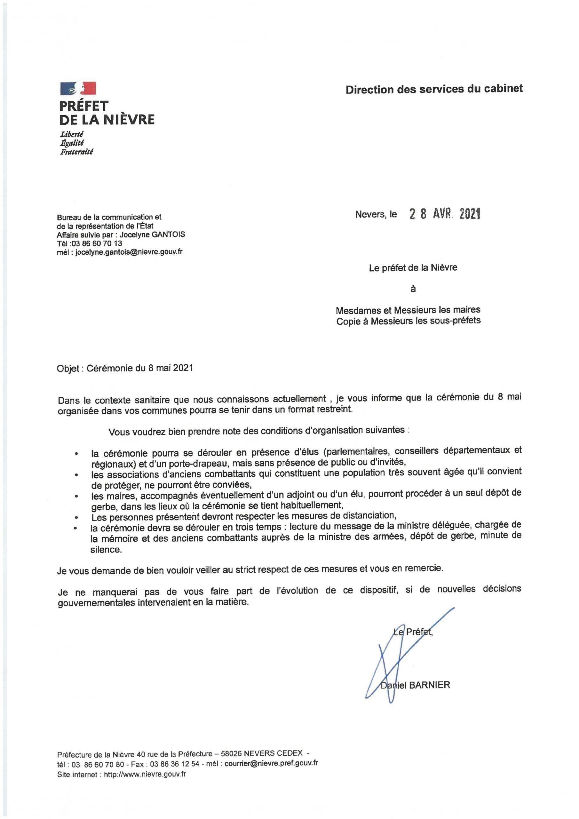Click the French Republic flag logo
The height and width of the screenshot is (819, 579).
(x=78, y=88)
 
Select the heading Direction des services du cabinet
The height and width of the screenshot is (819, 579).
(x=434, y=89)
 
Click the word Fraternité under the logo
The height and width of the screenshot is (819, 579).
(x=76, y=152)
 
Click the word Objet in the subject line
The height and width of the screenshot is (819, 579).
(x=68, y=368)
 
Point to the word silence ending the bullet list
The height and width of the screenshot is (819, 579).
(x=106, y=550)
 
